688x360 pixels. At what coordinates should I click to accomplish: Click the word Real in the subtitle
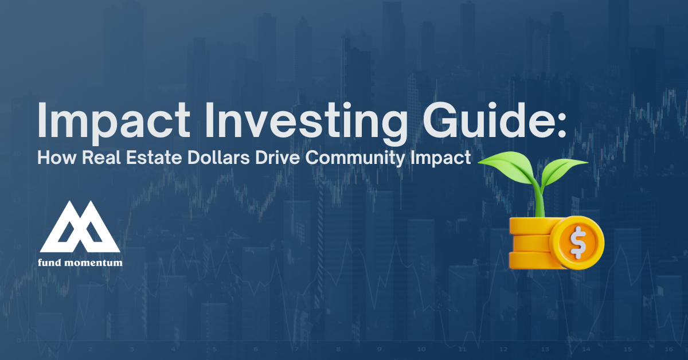pyautogui.click(x=101, y=158)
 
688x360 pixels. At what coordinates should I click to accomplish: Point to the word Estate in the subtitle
pyautogui.click(x=154, y=158)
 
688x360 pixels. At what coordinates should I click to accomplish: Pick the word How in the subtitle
pyautogui.click(x=57, y=158)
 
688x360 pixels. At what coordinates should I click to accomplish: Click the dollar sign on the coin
pyautogui.click(x=578, y=242)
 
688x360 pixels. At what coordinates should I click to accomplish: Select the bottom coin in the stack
pyautogui.click(x=534, y=260)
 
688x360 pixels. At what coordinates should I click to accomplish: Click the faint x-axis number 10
pyautogui.click(x=421, y=349)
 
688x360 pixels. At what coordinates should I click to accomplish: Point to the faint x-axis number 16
pyautogui.click(x=669, y=349)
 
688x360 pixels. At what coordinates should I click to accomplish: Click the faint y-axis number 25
pyautogui.click(x=16, y=106)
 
